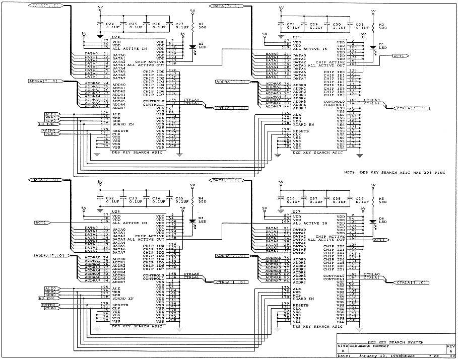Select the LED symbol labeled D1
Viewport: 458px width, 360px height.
373,49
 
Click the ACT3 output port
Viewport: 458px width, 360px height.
379,240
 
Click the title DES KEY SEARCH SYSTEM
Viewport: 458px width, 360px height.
395,342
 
